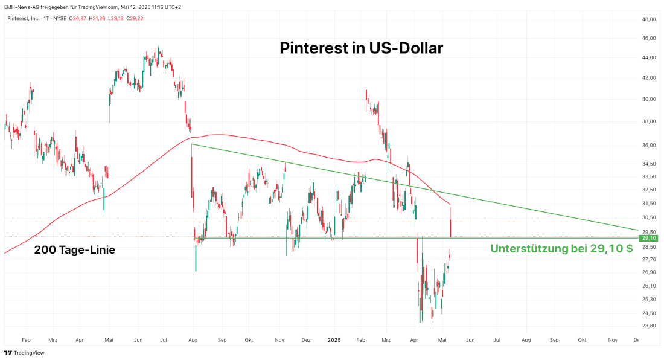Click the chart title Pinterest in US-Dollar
(x=361, y=48)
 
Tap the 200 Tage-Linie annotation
(x=75, y=249)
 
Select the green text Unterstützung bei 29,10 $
(x=561, y=248)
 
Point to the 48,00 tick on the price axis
(x=649, y=19)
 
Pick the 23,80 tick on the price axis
(x=649, y=326)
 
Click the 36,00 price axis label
(x=649, y=146)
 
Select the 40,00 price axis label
(x=649, y=99)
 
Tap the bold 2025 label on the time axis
(x=334, y=340)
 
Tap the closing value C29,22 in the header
(x=134, y=18)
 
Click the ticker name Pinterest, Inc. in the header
(x=24, y=18)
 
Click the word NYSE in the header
(x=59, y=18)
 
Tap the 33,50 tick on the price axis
(x=649, y=176)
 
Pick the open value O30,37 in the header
(x=78, y=18)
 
